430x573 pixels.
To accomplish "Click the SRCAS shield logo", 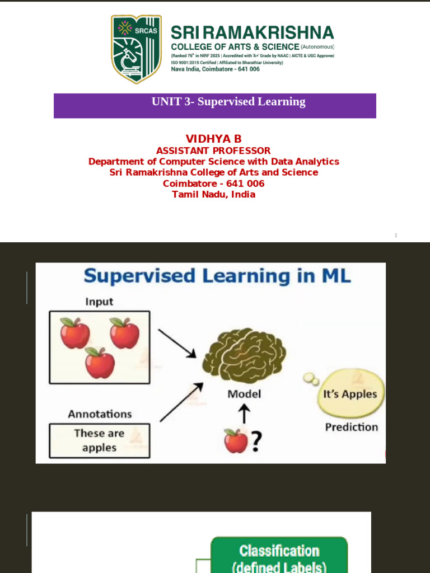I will click(x=137, y=49).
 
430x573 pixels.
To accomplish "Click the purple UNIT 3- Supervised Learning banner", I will click(x=215, y=105).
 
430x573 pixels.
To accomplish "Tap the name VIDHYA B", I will click(x=213, y=139).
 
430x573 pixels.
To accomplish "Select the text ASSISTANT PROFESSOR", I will click(x=213, y=151).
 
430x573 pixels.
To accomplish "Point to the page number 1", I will click(x=396, y=236).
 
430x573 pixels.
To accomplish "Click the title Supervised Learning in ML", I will click(x=217, y=276).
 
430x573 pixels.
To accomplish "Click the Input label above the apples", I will click(x=99, y=302).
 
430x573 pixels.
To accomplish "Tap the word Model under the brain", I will click(x=244, y=394).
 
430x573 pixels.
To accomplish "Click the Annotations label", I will click(x=100, y=414).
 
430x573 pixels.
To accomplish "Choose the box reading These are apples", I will click(x=99, y=440).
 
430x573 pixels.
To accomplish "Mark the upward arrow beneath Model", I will click(x=244, y=415).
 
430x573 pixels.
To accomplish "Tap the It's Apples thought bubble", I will click(x=350, y=394).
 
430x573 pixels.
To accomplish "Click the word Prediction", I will click(x=352, y=427).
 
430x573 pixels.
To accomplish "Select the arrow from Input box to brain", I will click(x=176, y=343).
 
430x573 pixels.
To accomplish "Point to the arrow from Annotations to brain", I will click(x=181, y=402).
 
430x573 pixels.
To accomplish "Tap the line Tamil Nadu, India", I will click(x=213, y=194).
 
